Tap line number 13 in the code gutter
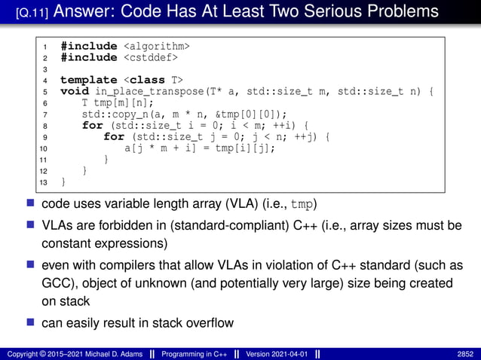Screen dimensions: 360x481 tap(44, 182)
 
